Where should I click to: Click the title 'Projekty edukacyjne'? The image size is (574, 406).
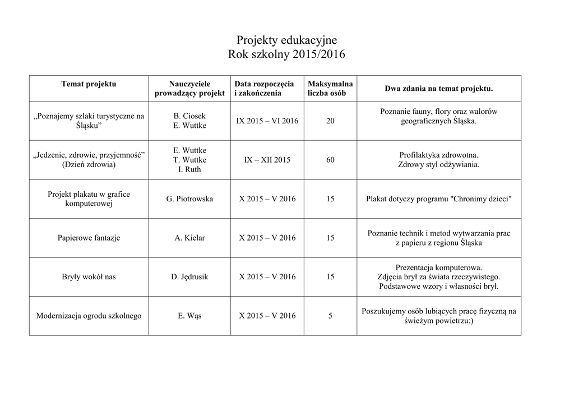(x=286, y=40)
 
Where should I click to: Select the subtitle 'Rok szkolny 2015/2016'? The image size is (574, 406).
(x=286, y=55)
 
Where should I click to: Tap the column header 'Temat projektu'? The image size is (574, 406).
(x=89, y=84)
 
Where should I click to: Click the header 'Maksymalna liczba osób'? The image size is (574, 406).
(x=330, y=89)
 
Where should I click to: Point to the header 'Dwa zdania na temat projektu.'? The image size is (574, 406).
(x=438, y=89)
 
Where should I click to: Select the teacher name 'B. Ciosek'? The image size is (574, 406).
(x=189, y=116)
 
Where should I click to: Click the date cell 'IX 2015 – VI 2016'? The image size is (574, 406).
(x=267, y=121)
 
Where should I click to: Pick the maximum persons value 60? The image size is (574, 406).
(x=330, y=160)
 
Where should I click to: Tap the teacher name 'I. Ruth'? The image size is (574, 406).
(x=189, y=169)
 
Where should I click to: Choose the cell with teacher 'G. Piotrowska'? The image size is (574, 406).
(x=189, y=199)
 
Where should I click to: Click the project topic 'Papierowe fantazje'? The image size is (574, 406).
(x=89, y=238)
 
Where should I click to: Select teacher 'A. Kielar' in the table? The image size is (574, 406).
(x=189, y=238)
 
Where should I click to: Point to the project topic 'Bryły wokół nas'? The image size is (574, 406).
(x=89, y=276)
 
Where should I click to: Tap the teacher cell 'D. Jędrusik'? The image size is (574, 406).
(x=189, y=276)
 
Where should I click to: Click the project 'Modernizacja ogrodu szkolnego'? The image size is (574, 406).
(x=89, y=316)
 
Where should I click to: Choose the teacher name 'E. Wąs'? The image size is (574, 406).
(x=189, y=316)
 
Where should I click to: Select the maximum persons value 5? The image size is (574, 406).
(x=330, y=316)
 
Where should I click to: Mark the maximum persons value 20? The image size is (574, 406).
(x=330, y=121)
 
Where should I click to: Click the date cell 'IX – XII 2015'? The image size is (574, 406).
(x=267, y=160)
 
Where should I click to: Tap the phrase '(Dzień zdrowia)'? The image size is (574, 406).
(x=89, y=165)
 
